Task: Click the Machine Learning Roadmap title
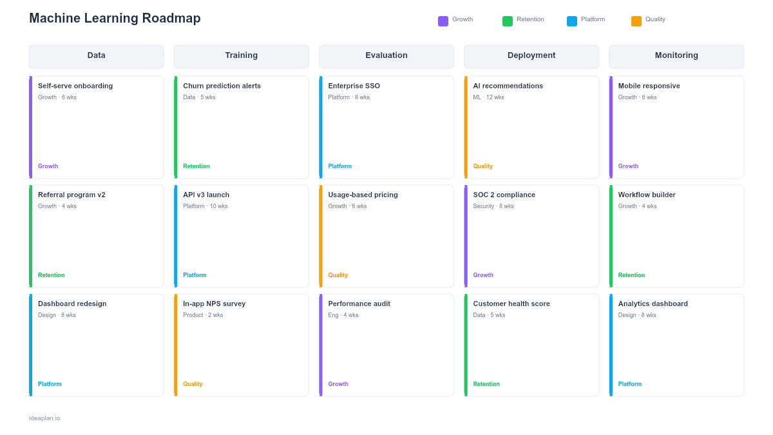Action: pyautogui.click(x=115, y=19)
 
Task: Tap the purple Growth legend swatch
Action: pyautogui.click(x=443, y=21)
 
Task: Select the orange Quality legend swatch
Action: pyautogui.click(x=636, y=21)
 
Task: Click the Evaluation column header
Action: pyautogui.click(x=386, y=56)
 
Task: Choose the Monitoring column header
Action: pyautogui.click(x=676, y=56)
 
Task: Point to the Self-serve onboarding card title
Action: pyautogui.click(x=75, y=86)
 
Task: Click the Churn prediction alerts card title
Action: pyautogui.click(x=222, y=86)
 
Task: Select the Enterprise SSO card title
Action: pyautogui.click(x=354, y=86)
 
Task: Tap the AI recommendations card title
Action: pyautogui.click(x=508, y=86)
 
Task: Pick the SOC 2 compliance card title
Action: pyautogui.click(x=504, y=195)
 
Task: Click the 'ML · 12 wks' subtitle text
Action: pyautogui.click(x=488, y=98)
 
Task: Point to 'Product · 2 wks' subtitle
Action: pyautogui.click(x=203, y=316)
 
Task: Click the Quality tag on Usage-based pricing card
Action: pyautogui.click(x=338, y=275)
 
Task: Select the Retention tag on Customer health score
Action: pyautogui.click(x=486, y=384)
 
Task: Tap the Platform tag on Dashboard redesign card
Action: pyautogui.click(x=50, y=384)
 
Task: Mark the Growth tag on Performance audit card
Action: pyautogui.click(x=338, y=384)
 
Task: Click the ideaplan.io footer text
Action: pyautogui.click(x=44, y=418)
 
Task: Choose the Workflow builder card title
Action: pyautogui.click(x=647, y=195)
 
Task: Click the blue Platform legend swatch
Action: pyautogui.click(x=572, y=21)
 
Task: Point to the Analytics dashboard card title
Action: pyautogui.click(x=653, y=304)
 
